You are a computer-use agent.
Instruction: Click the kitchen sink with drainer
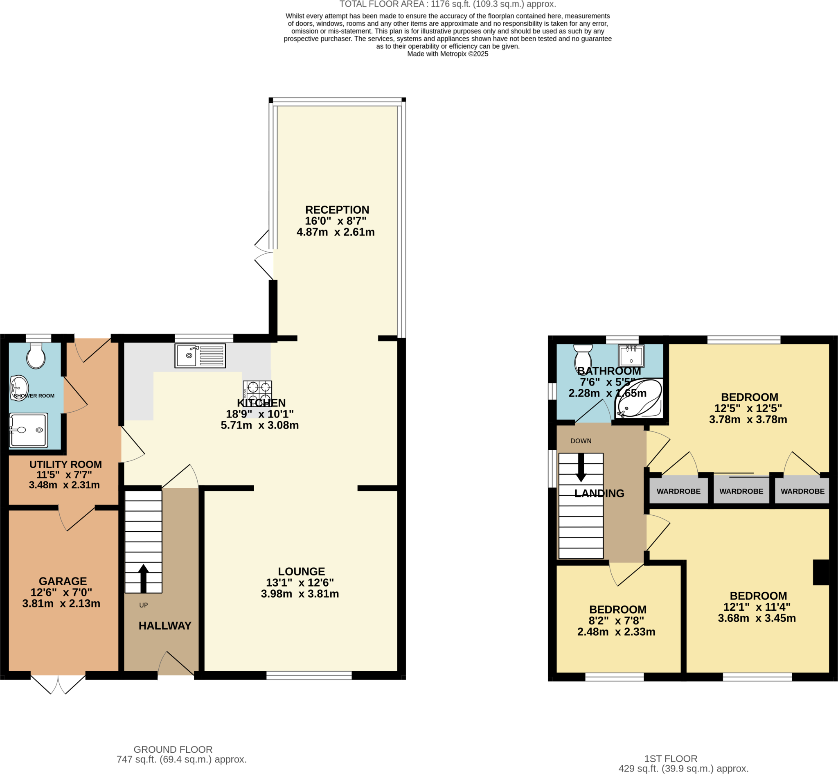pos(200,356)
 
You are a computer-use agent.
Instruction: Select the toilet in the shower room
pos(36,357)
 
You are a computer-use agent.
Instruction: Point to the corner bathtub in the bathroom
pos(638,398)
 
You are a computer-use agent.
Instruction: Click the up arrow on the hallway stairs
pos(143,578)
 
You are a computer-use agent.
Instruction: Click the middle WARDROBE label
pos(741,491)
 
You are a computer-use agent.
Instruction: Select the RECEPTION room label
pos(337,210)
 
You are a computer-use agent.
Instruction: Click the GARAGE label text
pos(63,581)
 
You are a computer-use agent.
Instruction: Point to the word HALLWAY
pos(164,626)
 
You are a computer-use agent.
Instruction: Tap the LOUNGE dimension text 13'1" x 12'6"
pos(300,582)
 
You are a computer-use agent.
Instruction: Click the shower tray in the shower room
pos(29,430)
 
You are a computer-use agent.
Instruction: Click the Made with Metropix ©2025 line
pos(447,54)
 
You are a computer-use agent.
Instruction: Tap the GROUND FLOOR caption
pos(173,749)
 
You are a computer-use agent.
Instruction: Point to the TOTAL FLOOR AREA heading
pos(447,4)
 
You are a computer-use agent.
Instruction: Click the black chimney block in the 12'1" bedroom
pos(820,572)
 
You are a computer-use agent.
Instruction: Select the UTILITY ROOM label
pos(65,465)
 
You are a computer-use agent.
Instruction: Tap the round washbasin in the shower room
pos(19,388)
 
